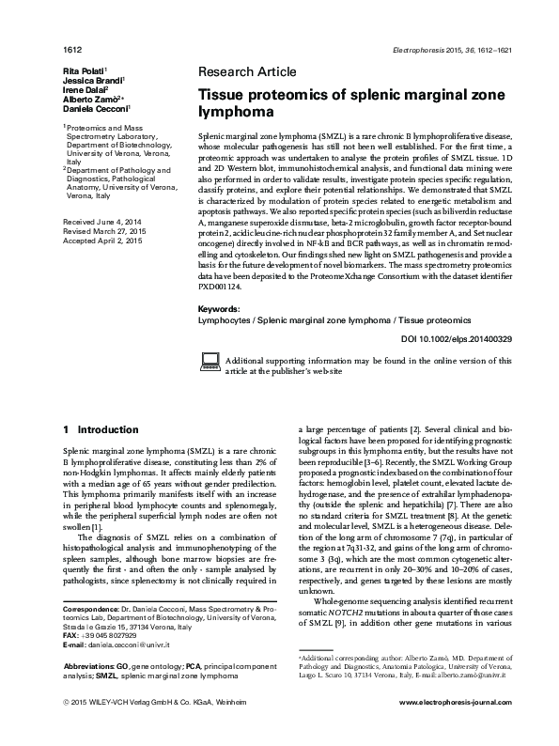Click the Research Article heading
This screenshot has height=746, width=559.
point(247,71)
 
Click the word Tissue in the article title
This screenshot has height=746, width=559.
point(222,95)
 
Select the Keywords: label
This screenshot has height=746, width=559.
point(224,308)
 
